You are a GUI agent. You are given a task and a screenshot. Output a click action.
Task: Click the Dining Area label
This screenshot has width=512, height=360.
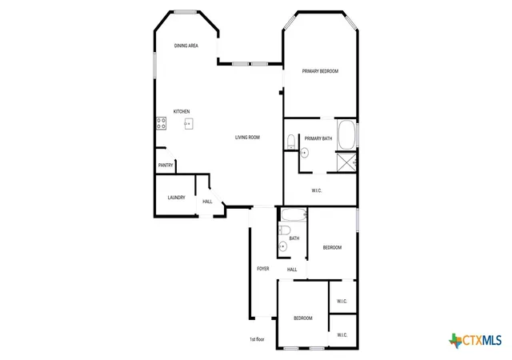186,46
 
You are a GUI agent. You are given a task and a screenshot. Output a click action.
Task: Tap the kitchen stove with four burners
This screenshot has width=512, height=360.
162,123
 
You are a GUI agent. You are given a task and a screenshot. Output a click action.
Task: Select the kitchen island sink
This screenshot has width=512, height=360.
189,124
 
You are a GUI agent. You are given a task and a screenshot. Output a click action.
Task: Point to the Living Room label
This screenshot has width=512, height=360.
247,138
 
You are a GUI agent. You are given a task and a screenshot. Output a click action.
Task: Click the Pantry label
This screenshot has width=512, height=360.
166,166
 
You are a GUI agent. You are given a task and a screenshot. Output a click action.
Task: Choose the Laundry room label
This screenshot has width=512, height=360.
176,198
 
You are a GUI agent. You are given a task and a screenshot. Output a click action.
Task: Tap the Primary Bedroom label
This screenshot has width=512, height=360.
320,71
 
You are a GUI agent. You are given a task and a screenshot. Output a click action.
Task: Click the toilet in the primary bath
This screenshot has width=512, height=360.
291,142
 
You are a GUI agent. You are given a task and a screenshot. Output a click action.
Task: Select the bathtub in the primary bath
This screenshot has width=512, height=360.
346,135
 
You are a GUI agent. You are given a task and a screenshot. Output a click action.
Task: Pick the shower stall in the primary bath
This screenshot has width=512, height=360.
346,162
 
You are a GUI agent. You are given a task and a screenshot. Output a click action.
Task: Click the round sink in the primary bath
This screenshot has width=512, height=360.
304,153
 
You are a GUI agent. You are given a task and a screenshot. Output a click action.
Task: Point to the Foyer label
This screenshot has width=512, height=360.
263,269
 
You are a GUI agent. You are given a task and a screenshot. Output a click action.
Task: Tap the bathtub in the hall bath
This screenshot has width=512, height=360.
294,215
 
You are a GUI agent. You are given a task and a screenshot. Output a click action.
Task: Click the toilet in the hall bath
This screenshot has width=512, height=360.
285,230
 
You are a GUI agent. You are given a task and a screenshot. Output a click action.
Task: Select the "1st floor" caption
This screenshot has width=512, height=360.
257,339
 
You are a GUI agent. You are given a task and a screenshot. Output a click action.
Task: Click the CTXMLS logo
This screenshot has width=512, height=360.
475,341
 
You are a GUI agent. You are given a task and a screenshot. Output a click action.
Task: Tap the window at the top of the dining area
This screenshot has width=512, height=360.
185,12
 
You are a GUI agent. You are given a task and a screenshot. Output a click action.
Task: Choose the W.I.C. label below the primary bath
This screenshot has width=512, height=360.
317,190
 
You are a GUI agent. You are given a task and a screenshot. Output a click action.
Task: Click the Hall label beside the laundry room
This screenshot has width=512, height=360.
207,202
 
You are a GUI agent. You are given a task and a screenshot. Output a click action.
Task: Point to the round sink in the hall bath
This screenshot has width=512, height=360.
282,246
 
